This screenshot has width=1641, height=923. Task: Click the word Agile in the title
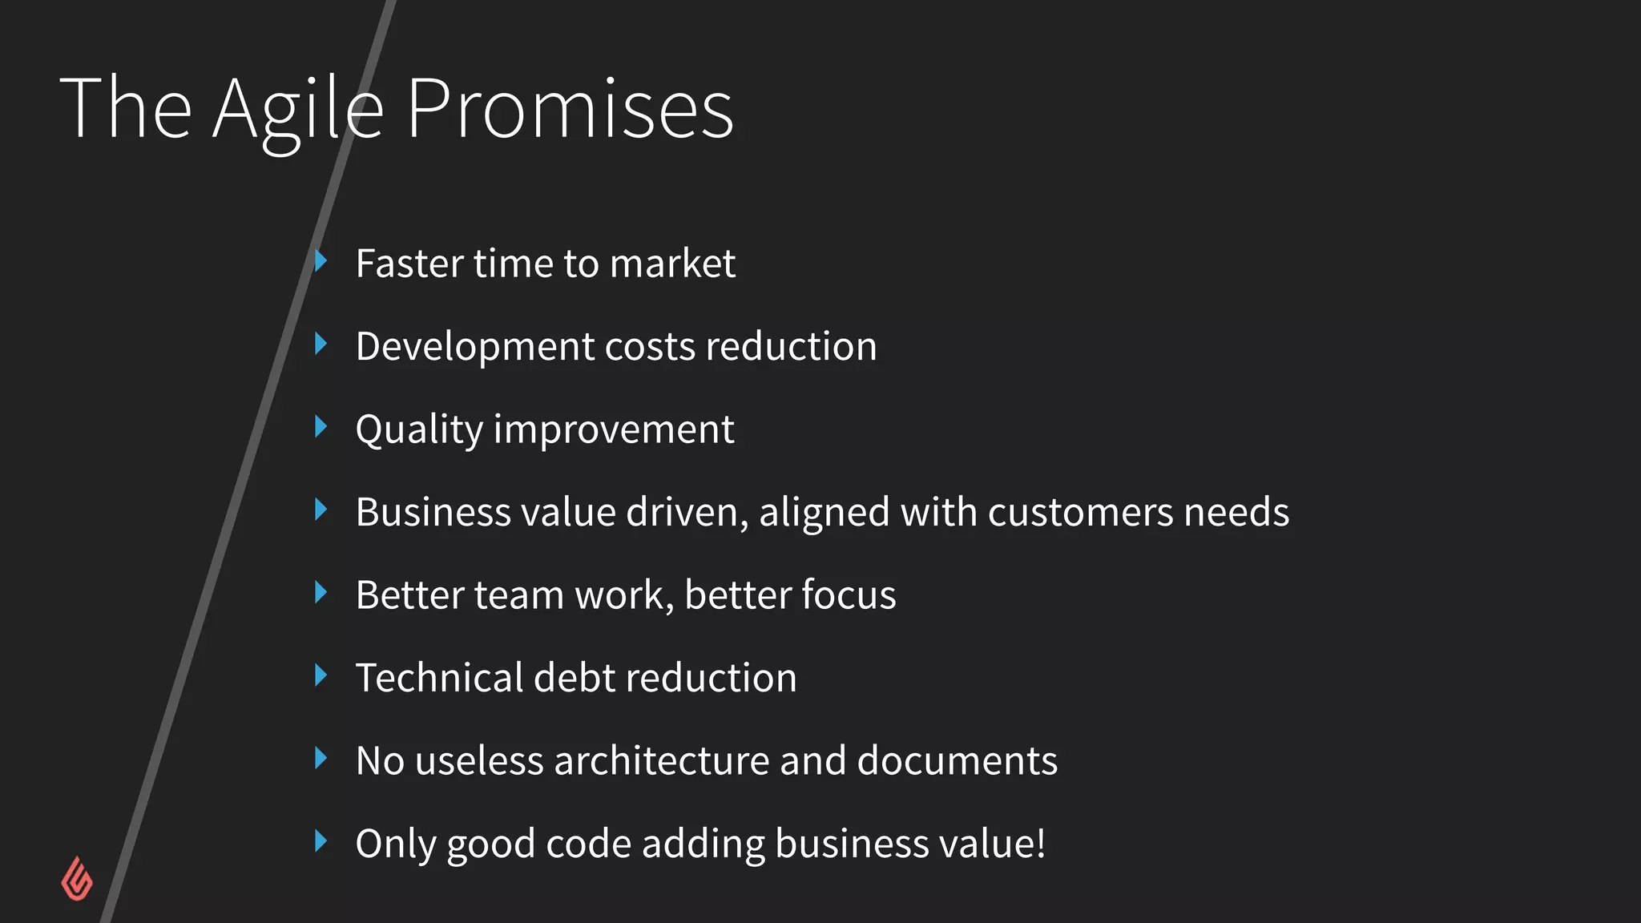click(x=298, y=110)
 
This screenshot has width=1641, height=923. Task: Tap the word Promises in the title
click(x=570, y=110)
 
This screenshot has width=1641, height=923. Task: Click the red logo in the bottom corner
click(x=77, y=880)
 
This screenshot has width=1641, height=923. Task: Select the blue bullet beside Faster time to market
click(x=321, y=260)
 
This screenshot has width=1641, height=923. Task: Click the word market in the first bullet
click(x=672, y=264)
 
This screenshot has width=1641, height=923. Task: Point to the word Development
click(x=474, y=348)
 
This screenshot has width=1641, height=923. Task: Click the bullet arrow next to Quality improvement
click(x=321, y=426)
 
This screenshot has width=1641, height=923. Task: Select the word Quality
click(x=419, y=430)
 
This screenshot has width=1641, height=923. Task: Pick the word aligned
click(x=824, y=514)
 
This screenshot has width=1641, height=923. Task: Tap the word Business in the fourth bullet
click(x=433, y=513)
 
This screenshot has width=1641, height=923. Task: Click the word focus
click(x=849, y=595)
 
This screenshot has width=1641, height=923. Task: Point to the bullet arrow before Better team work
click(x=321, y=593)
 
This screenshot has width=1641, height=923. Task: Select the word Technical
click(x=439, y=678)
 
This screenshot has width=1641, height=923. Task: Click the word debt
click(x=575, y=678)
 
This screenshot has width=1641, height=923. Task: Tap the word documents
click(x=957, y=761)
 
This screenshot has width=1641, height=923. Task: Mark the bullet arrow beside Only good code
click(x=321, y=841)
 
